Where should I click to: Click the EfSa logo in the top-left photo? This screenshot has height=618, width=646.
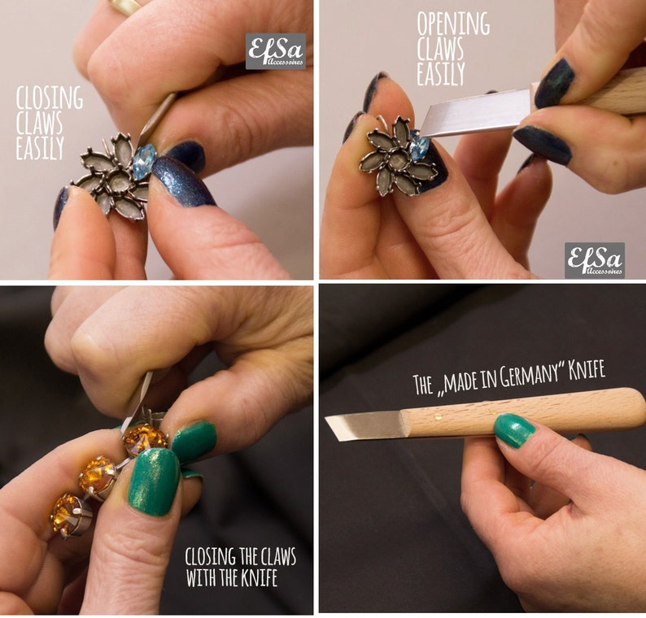(x=276, y=51)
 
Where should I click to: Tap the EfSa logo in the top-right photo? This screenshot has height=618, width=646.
(x=595, y=260)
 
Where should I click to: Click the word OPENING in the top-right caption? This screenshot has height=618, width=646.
(x=453, y=24)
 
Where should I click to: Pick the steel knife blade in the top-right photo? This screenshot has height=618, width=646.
(x=476, y=113)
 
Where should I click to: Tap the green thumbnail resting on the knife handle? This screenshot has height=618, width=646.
(x=514, y=431)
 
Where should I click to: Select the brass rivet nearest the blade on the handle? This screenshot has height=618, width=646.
(x=438, y=417)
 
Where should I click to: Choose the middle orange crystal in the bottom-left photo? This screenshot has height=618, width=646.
(x=98, y=477)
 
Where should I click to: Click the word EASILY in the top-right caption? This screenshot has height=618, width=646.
(x=441, y=74)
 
